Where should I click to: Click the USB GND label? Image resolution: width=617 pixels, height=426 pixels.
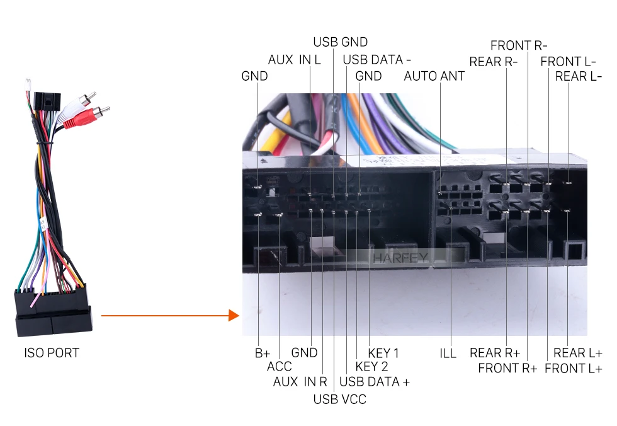[341, 42]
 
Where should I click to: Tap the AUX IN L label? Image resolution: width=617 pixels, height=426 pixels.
[295, 59]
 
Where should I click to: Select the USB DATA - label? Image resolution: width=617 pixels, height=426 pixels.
[377, 59]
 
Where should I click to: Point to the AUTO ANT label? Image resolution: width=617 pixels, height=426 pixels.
[434, 76]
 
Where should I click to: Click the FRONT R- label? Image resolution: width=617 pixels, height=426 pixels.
[519, 45]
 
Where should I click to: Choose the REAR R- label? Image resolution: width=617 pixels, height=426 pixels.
[494, 62]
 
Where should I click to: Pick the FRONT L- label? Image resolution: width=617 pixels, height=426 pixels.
[568, 61]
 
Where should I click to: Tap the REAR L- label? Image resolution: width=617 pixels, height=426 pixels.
[579, 76]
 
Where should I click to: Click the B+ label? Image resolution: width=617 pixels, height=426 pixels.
[263, 353]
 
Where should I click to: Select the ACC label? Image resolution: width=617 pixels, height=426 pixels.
[280, 367]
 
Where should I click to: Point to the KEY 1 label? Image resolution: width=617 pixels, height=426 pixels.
[383, 353]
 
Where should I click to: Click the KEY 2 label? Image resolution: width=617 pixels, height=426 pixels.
[372, 367]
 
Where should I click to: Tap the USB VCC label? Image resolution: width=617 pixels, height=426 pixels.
[339, 400]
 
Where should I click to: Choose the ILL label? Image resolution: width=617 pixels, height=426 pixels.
[448, 353]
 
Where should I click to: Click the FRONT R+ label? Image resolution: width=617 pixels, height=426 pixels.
[507, 368]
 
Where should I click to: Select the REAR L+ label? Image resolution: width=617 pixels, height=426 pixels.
[578, 353]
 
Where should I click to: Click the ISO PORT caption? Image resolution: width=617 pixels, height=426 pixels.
[52, 353]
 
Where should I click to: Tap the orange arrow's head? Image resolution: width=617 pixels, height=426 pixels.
[234, 315]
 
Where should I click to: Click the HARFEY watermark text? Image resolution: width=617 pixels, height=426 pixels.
[400, 258]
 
